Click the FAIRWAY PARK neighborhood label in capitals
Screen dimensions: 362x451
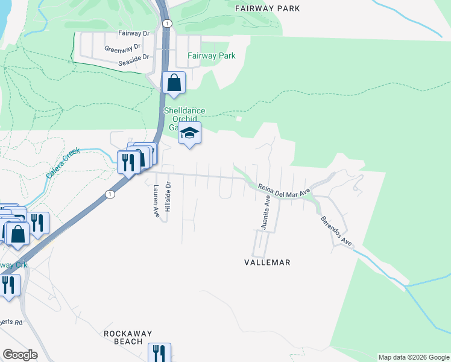click(267, 8)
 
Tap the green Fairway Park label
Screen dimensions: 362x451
click(211, 56)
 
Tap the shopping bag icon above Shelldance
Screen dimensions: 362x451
click(174, 83)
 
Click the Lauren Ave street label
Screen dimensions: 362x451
click(156, 202)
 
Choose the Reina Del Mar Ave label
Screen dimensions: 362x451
click(283, 189)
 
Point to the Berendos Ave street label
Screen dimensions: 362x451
click(336, 230)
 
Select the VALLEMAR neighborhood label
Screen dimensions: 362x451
click(267, 262)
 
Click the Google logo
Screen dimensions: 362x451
click(20, 355)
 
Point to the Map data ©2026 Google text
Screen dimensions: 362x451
click(414, 357)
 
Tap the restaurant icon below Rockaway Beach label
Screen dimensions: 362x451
click(159, 352)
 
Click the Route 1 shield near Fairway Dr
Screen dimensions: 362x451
click(167, 23)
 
